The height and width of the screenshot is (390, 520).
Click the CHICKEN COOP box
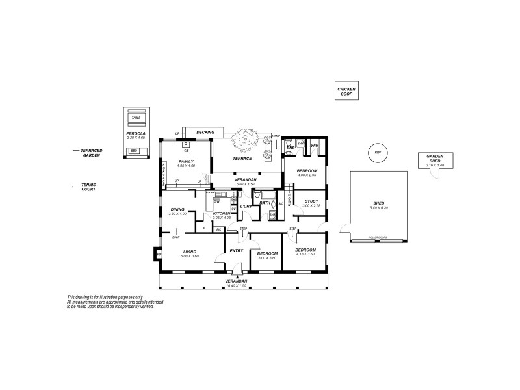[x=346, y=92]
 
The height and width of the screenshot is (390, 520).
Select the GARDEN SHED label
[x=435, y=159]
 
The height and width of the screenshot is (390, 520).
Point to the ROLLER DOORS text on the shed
[x=378, y=237]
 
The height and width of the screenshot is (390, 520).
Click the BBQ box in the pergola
[x=135, y=151]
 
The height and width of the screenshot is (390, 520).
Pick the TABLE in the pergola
[x=136, y=118]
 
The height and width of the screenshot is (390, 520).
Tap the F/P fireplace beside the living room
[x=159, y=254]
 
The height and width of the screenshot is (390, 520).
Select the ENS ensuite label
[x=291, y=148]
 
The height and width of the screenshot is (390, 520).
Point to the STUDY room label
[x=311, y=201]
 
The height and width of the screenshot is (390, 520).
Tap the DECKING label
[x=205, y=131]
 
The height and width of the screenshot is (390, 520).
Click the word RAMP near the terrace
[x=276, y=135]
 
